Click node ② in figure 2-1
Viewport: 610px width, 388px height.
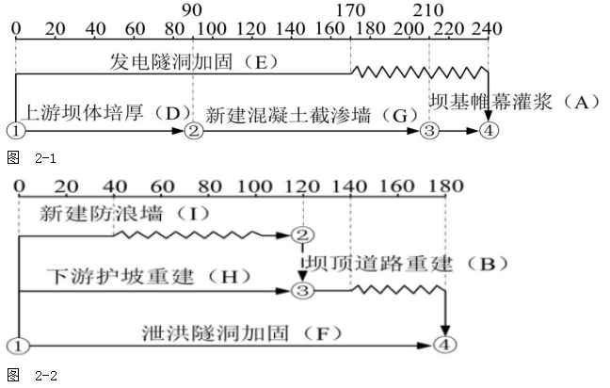(194, 130)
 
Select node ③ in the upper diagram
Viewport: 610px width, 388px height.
(430, 130)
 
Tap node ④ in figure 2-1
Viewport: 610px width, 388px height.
(487, 130)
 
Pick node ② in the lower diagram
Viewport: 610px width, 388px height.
(302, 234)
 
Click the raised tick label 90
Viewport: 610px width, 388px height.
(193, 10)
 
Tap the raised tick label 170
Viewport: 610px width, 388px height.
(350, 10)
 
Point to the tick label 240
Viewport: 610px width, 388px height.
(488, 27)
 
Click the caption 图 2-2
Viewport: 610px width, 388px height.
(32, 375)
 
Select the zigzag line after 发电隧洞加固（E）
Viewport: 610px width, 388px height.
(419, 71)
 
